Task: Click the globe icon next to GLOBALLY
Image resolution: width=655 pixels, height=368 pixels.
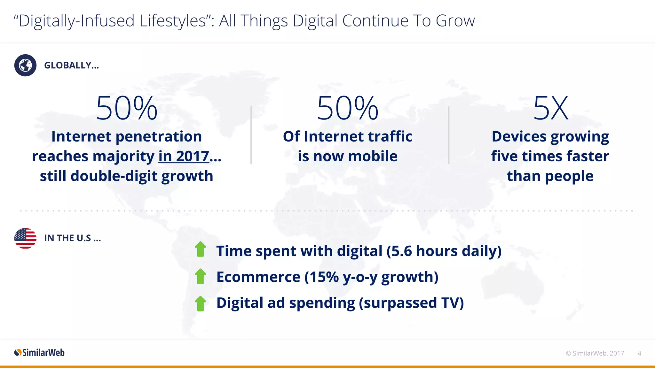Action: (25, 65)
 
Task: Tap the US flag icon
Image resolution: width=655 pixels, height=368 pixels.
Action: (25, 238)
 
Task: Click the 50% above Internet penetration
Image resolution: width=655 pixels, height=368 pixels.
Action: (127, 108)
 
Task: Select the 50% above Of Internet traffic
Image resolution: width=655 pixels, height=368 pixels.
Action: (348, 108)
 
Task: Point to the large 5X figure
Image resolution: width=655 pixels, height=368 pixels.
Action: (550, 108)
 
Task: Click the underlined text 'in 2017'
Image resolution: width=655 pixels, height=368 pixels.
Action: (184, 157)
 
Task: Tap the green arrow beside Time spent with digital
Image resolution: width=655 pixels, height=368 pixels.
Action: (201, 249)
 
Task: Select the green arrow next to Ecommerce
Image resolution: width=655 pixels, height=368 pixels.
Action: (201, 276)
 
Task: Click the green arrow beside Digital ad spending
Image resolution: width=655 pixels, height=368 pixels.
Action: (201, 303)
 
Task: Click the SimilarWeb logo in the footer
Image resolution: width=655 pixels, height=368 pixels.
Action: (39, 353)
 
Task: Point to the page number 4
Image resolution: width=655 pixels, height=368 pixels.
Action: (639, 353)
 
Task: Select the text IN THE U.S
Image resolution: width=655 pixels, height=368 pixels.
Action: (72, 238)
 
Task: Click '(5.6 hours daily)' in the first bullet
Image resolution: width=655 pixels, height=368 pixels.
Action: (444, 251)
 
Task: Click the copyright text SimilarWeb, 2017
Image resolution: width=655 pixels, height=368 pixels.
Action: (595, 353)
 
